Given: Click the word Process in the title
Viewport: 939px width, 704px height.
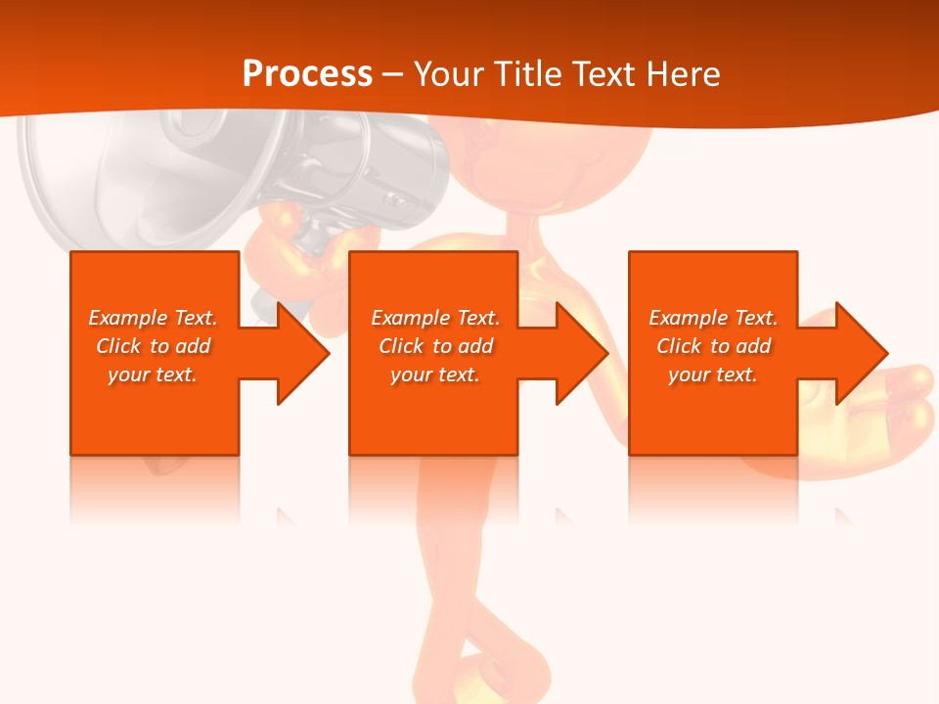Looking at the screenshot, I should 307,74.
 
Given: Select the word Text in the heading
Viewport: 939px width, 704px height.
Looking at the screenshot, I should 602,74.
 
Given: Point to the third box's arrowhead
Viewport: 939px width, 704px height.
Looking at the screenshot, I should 860,353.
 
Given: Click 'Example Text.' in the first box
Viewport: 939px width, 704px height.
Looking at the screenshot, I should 153,318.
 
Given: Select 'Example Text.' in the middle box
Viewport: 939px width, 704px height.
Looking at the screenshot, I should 435,318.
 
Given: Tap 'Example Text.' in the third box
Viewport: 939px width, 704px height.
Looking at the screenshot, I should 713,318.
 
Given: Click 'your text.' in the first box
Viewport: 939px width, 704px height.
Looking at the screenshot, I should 153,374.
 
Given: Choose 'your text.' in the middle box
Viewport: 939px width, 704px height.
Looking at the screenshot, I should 435,374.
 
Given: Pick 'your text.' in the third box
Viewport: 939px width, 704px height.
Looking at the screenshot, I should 713,374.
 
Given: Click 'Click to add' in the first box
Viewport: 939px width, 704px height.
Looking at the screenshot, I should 153,346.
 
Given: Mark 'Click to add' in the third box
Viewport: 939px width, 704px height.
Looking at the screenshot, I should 713,346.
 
